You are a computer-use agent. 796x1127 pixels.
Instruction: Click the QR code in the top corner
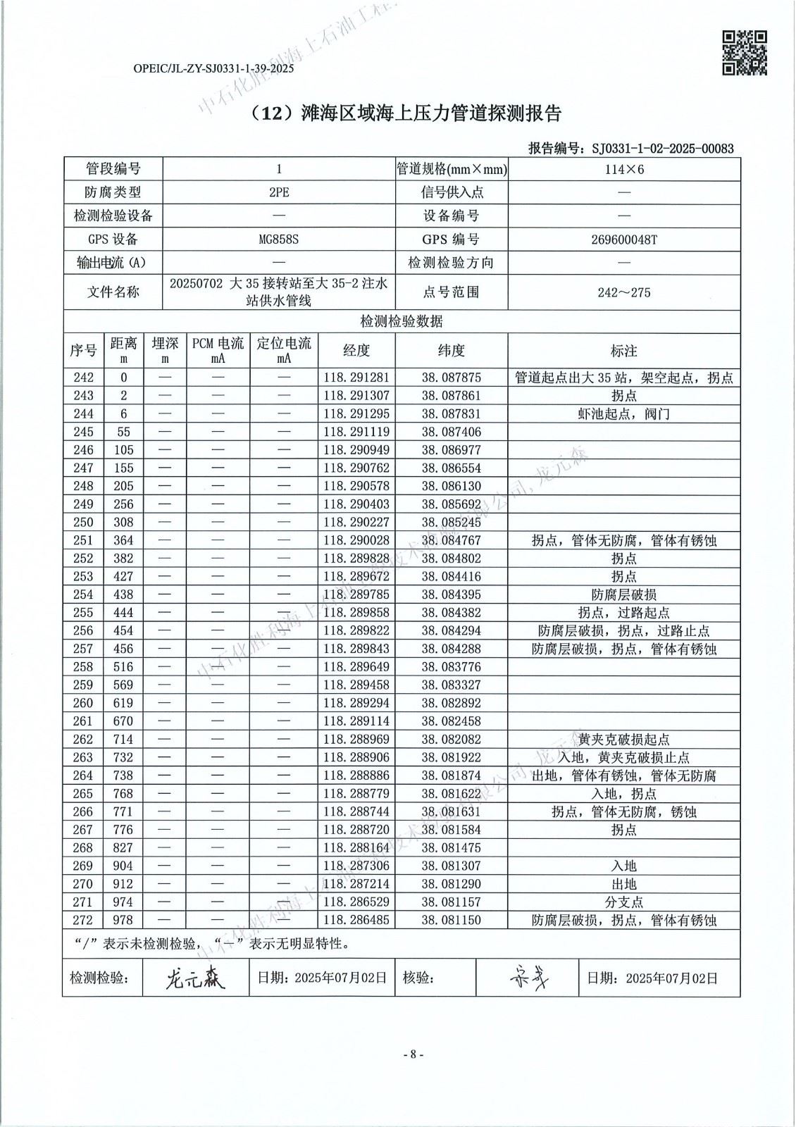point(745,53)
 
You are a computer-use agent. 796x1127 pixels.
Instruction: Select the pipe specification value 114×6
point(623,169)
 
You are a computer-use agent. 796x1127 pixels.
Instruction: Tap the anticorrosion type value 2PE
point(279,192)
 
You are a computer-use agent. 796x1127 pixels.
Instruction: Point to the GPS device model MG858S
point(279,239)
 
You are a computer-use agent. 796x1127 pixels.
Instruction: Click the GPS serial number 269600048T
point(623,239)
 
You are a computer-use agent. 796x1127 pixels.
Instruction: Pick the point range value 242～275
point(623,292)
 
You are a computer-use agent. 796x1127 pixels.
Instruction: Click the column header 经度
point(356,350)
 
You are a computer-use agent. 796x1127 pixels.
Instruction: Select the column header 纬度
point(451,350)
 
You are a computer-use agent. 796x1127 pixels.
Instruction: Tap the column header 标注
point(623,350)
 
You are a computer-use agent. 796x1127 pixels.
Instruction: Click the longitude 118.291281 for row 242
point(356,378)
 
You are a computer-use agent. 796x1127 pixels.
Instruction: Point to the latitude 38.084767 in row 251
point(451,540)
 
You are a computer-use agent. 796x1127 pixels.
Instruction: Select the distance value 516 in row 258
point(123,667)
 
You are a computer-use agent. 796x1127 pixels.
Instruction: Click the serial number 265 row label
point(83,794)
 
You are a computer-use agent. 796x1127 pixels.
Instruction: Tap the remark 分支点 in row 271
point(623,902)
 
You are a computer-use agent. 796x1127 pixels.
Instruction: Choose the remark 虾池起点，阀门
point(623,414)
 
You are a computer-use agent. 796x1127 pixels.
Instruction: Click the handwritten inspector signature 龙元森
point(195,978)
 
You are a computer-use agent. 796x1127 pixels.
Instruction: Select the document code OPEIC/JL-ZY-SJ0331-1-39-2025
point(213,69)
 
